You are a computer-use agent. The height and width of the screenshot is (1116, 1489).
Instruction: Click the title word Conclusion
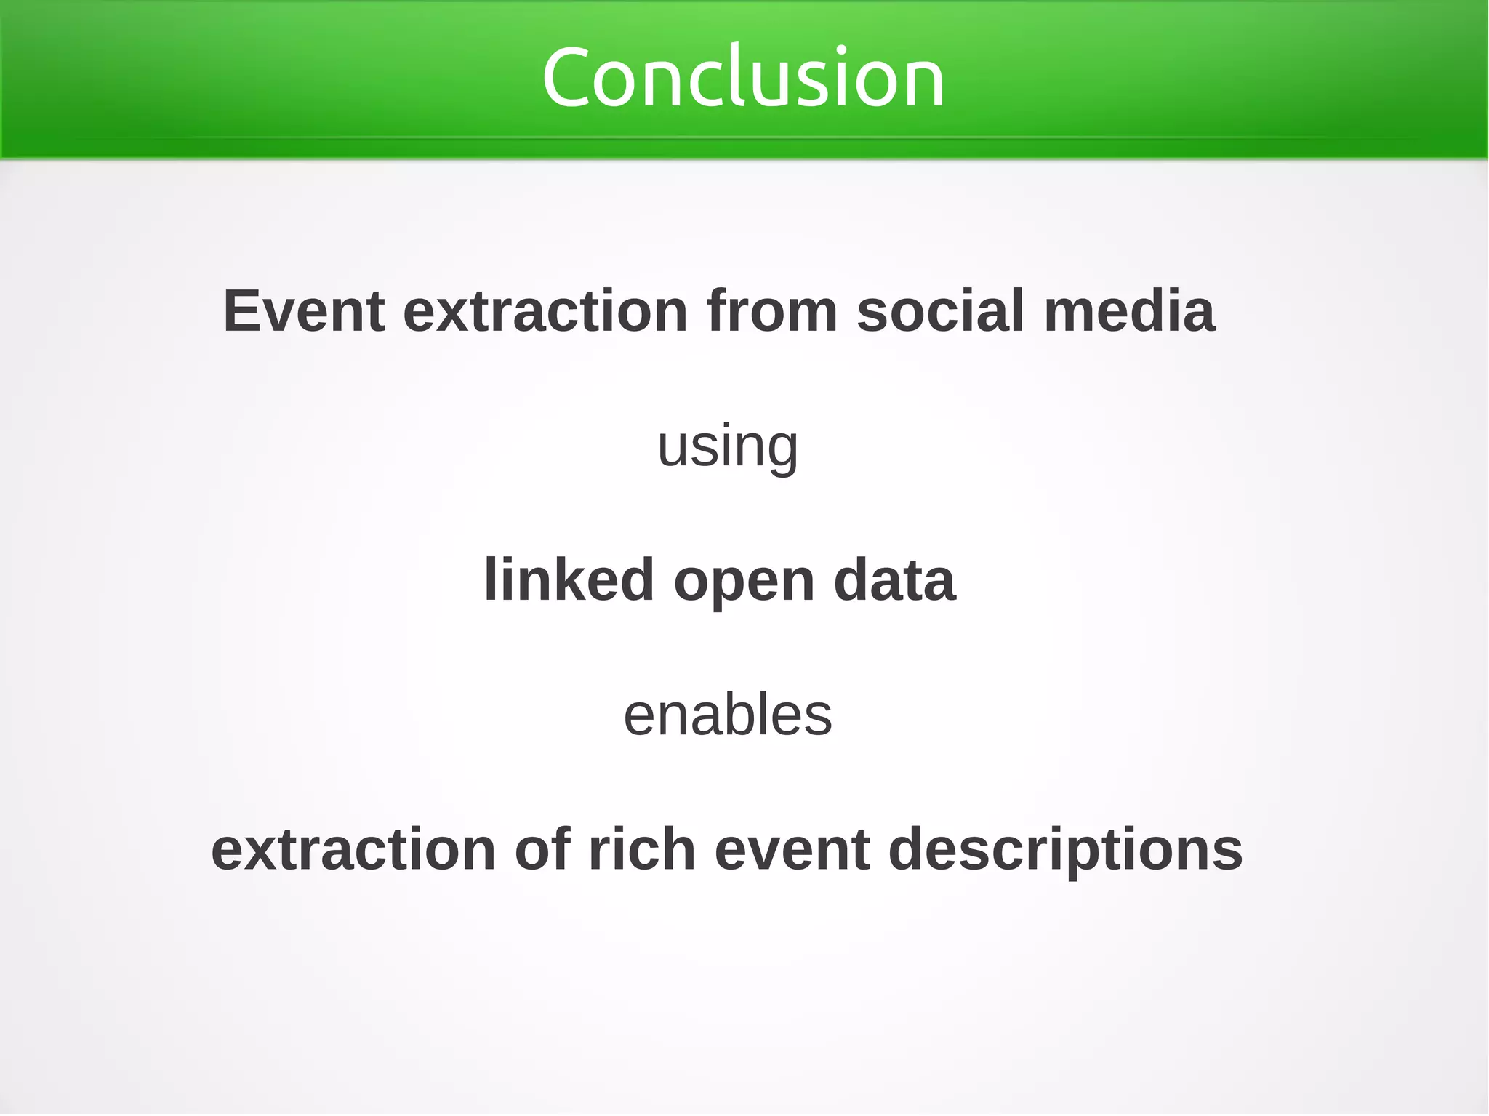click(743, 77)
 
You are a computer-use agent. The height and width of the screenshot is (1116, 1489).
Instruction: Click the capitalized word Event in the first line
click(303, 311)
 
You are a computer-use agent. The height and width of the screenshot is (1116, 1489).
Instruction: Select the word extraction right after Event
click(545, 311)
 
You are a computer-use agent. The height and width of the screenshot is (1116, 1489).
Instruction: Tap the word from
click(772, 311)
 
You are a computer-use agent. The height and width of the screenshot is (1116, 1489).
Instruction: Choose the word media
click(1129, 311)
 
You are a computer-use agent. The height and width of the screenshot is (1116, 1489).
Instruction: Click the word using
click(728, 446)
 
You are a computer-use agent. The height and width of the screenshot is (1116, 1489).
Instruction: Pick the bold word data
click(894, 580)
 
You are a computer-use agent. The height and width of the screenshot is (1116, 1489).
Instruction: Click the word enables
click(728, 715)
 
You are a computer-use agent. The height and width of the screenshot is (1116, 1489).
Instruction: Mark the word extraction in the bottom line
click(353, 849)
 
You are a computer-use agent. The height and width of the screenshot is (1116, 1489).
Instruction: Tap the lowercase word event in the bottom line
click(792, 849)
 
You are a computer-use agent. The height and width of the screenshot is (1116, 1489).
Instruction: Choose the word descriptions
click(1066, 849)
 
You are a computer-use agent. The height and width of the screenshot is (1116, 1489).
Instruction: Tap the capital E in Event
click(241, 311)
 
